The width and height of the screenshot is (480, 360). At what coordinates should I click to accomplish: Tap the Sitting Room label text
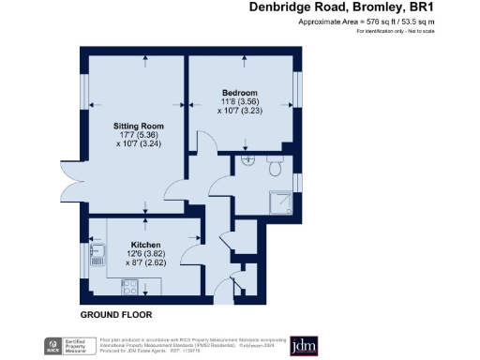(x=139, y=125)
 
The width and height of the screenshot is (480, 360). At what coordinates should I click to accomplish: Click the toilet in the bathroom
(x=275, y=168)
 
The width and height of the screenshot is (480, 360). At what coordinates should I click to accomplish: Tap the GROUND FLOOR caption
(x=115, y=314)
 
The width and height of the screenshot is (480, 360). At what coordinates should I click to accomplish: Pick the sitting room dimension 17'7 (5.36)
(x=139, y=135)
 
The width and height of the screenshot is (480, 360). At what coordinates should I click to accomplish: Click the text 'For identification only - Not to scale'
(x=409, y=31)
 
